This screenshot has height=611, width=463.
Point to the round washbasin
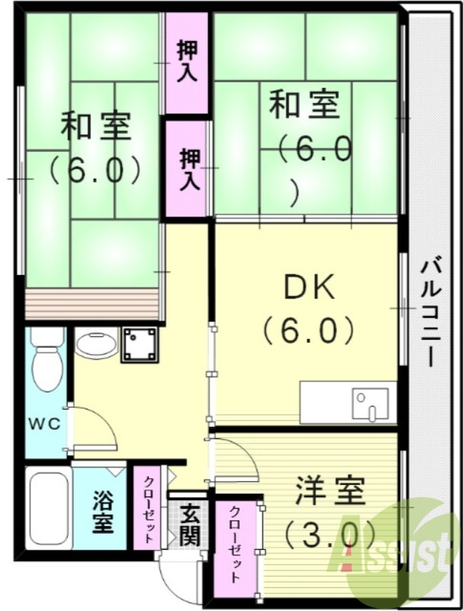96,344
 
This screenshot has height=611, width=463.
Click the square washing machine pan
140,344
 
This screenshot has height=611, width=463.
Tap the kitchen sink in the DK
366,402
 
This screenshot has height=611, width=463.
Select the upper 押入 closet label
187,60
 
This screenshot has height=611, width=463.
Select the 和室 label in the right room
304,105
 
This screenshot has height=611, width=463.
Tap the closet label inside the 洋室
237,545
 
